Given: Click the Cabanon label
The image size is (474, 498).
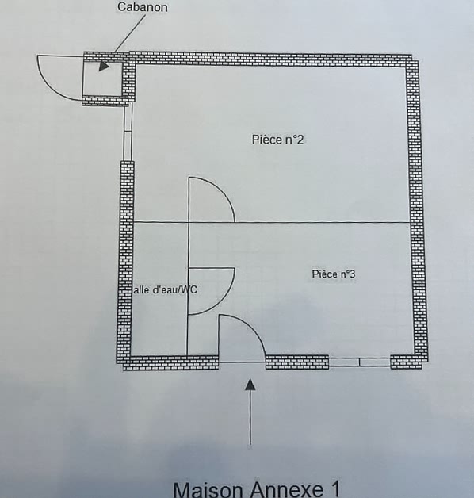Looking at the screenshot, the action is [143, 7].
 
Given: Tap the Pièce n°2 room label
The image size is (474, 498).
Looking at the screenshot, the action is [277, 140].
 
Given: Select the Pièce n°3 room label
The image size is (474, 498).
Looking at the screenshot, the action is [334, 274].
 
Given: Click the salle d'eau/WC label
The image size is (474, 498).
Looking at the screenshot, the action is [164, 289].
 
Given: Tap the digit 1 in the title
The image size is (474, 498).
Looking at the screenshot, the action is [334, 489].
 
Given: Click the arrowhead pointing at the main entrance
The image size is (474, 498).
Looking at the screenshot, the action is [250, 385].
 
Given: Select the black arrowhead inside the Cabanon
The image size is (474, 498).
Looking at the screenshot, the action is [104, 66].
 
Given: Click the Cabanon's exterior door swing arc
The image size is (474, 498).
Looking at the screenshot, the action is [51, 86].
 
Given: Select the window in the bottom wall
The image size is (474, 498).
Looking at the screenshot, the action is [359, 362].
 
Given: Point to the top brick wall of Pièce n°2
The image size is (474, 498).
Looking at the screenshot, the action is [270, 59].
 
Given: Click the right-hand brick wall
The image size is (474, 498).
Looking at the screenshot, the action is [415, 206].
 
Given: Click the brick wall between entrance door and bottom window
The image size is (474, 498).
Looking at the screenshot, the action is [297, 362].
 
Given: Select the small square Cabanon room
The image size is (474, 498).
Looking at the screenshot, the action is [102, 79].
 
